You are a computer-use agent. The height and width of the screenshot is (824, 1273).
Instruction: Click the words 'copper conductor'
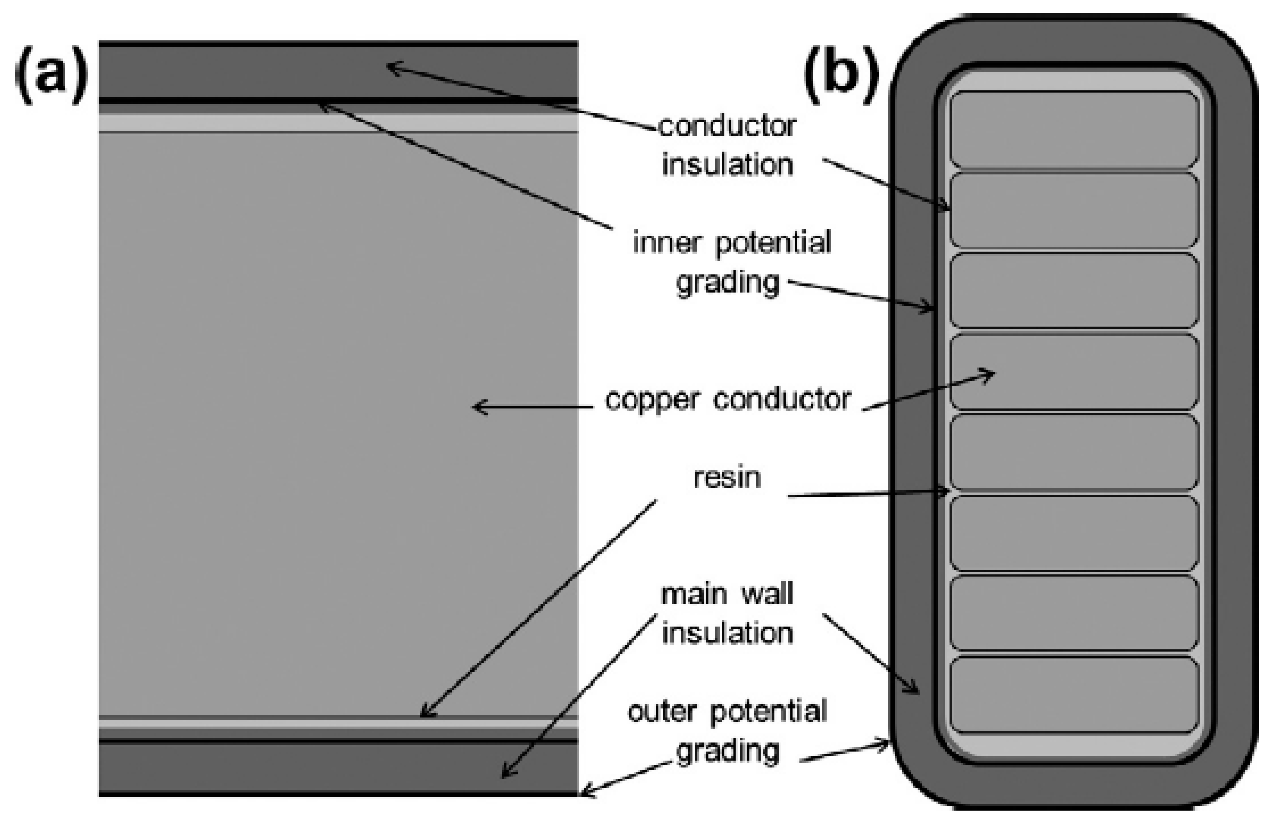[x=727, y=400]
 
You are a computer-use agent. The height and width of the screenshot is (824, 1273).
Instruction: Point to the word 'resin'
[x=727, y=477]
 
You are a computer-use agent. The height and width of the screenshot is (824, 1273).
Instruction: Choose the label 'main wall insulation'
[x=727, y=614]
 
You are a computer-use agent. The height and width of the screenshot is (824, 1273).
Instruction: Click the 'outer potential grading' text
[x=727, y=731]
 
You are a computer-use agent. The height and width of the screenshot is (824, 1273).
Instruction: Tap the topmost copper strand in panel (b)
[x=1074, y=130]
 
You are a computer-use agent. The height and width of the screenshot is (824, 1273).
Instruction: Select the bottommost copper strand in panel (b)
[x=1074, y=695]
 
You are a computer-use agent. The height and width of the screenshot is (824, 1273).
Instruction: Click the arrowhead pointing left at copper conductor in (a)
[x=478, y=408]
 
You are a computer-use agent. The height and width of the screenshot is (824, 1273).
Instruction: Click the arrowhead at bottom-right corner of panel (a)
[x=585, y=791]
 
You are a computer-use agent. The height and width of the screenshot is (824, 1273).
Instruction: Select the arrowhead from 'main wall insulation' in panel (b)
[x=915, y=691]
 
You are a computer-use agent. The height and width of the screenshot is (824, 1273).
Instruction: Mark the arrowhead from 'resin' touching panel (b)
[x=946, y=491]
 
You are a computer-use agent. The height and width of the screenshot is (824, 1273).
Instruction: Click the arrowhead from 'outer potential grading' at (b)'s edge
[x=887, y=743]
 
